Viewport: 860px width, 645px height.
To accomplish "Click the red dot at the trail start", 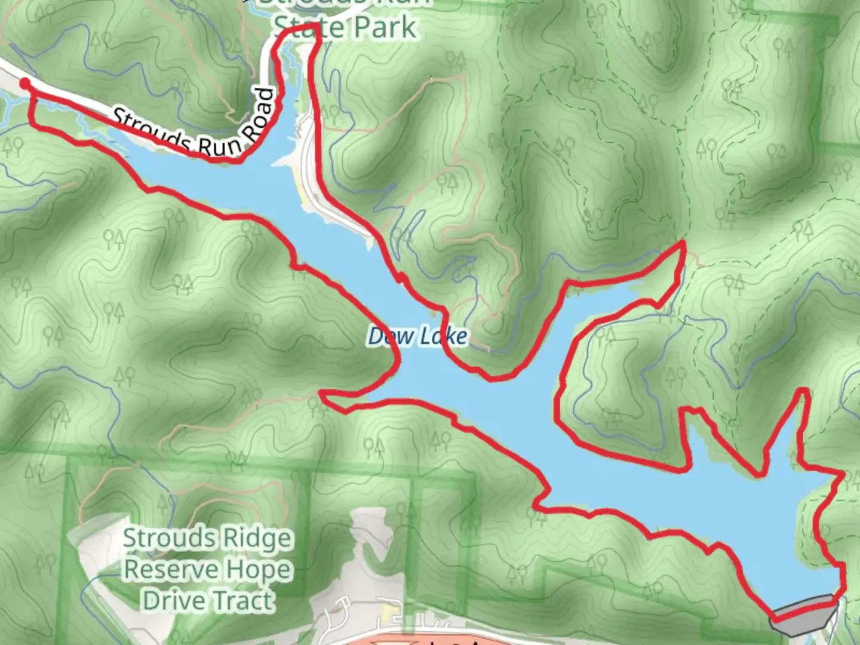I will point(24,84).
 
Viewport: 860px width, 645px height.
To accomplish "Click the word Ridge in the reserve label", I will point(257,539).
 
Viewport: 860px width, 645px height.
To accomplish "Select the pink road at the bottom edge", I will point(418,641).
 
